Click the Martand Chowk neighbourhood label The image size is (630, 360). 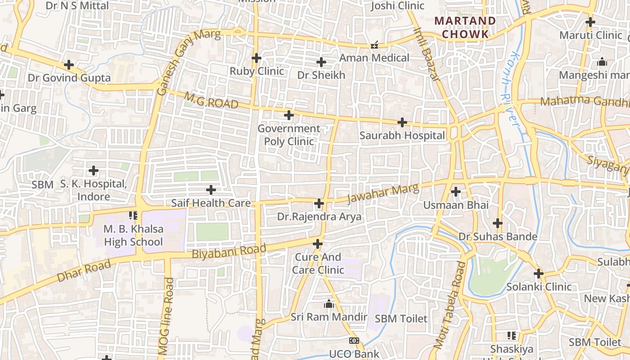tap(465, 27)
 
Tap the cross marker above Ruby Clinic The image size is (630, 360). tap(256, 58)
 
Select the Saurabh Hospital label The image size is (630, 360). tap(402, 135)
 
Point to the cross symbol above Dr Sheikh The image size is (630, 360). tap(321, 62)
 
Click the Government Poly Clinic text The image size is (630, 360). tap(288, 135)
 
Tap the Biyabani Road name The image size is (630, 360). tap(229, 251)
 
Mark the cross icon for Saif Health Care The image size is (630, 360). tap(211, 190)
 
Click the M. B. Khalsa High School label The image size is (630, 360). tap(133, 235)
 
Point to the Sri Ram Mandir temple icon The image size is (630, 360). tap(329, 304)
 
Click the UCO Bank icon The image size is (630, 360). tap(354, 341)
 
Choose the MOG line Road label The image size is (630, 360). tap(166, 317)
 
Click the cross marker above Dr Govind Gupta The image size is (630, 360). tap(69, 65)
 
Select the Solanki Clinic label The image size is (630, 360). tap(539, 287)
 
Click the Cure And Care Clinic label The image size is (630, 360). tap(318, 264)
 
